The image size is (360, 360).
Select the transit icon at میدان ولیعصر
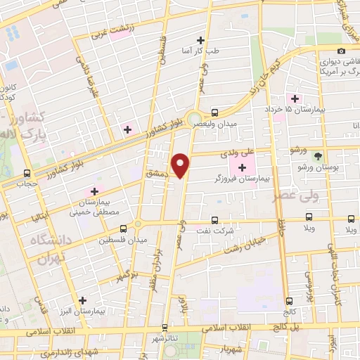coord(214,112)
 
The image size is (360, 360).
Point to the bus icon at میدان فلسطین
coord(124,229)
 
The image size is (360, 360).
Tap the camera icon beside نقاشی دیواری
coord(341,51)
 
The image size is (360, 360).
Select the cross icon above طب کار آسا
coord(202,40)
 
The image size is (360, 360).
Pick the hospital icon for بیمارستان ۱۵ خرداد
coord(295,98)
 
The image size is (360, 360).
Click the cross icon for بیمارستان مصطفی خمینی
coord(94,191)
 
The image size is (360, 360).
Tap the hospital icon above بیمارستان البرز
coord(84,300)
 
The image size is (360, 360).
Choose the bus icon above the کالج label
coord(288,301)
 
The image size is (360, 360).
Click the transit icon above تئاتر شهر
coord(165,327)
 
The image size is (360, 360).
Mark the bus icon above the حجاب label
coord(27,173)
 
